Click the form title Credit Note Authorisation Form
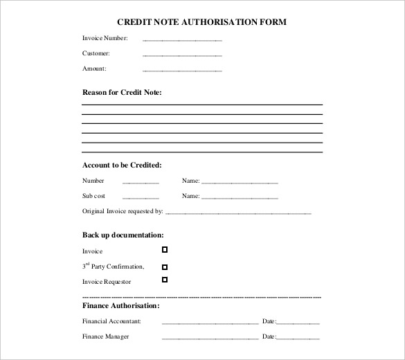point(202,21)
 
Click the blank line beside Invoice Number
point(182,39)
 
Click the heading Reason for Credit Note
point(122,92)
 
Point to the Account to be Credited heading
point(122,165)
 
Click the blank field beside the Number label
point(141,183)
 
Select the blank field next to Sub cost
point(141,198)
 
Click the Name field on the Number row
point(240,183)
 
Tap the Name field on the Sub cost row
point(240,198)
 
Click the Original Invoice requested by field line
point(238,213)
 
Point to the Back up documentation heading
point(123,235)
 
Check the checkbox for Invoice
point(165,249)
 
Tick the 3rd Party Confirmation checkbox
point(165,267)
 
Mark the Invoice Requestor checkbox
point(165,280)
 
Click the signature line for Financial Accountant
point(210,323)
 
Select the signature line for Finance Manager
point(210,339)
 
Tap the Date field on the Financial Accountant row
point(298,323)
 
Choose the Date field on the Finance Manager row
point(298,339)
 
